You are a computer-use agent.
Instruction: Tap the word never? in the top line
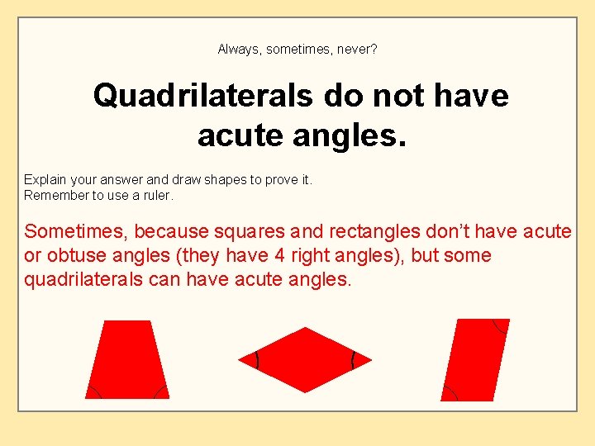(x=357, y=50)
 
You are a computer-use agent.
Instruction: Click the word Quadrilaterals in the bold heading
(x=203, y=97)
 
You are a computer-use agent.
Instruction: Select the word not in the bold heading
(x=392, y=97)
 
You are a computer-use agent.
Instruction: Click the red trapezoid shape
(x=127, y=359)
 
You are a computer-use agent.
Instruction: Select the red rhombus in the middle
(x=305, y=360)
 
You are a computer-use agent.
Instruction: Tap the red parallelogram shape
(x=475, y=359)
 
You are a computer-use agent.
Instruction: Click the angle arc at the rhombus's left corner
(x=257, y=360)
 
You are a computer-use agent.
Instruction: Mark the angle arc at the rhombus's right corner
(x=353, y=360)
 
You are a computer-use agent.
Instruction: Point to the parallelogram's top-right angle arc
(x=499, y=325)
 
